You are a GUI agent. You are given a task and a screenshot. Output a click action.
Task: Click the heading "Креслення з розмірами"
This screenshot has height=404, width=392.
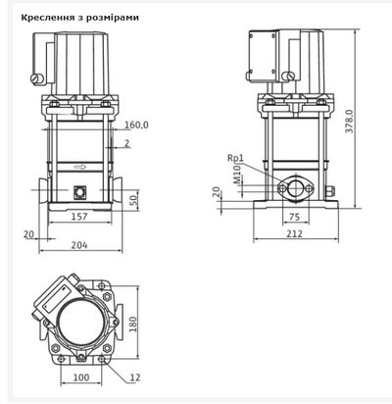pyautogui.click(x=79, y=18)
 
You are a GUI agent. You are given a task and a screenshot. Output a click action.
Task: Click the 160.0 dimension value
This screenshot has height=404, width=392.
pyautogui.click(x=136, y=125)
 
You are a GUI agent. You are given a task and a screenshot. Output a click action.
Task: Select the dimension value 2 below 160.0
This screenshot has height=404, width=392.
pyautogui.click(x=126, y=143)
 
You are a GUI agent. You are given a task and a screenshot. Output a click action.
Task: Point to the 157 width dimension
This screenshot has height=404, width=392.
pyautogui.click(x=79, y=217)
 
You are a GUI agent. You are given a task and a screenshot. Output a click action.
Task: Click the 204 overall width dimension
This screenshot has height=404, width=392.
pyautogui.click(x=79, y=245)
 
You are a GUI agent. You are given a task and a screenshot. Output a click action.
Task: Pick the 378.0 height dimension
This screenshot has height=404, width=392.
pyautogui.click(x=349, y=121)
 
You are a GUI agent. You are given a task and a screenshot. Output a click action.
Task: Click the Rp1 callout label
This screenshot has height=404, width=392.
pyautogui.click(x=235, y=158)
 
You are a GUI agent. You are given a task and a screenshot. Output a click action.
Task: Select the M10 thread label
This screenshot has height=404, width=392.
pyautogui.click(x=237, y=174)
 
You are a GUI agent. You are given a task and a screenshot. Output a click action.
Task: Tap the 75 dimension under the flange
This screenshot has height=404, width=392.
pyautogui.click(x=294, y=217)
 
